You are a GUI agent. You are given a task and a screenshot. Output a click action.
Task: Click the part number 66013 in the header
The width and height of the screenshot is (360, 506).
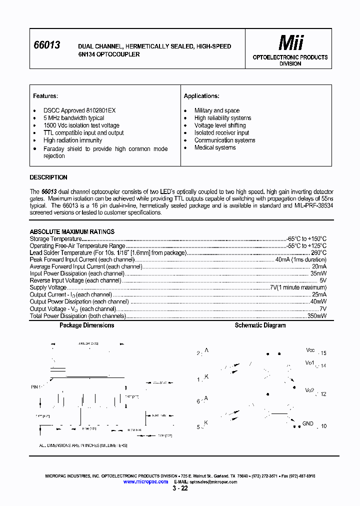pos(46,45)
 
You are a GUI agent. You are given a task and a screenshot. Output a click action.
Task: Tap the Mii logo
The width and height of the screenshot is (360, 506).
pos(290,43)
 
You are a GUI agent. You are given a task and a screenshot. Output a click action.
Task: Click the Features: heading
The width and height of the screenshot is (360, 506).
pos(45,96)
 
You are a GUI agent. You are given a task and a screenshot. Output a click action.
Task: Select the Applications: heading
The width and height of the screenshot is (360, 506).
pos(201,96)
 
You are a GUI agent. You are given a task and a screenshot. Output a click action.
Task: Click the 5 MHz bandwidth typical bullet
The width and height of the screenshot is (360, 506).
pos(73,118)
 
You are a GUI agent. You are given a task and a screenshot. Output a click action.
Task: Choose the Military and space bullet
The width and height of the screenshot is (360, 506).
pos(217,110)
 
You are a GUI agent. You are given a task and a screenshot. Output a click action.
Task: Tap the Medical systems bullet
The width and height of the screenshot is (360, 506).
pos(215,147)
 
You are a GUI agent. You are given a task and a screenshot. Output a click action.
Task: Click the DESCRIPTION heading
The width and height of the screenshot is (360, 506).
pos(48,177)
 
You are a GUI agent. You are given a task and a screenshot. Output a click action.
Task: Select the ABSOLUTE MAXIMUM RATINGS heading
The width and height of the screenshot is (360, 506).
pos(72,232)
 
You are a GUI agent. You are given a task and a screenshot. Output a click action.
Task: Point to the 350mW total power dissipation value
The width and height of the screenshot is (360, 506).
pos(316,316)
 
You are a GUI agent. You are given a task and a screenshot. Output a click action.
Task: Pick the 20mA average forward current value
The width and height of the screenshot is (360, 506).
pos(319,267)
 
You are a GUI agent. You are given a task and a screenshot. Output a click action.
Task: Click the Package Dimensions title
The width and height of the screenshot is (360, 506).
pos(86,325)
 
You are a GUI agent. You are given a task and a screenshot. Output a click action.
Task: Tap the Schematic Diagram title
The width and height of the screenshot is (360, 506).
pos(260,325)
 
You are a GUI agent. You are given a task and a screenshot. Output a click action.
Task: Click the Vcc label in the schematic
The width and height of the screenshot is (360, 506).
pos(310,350)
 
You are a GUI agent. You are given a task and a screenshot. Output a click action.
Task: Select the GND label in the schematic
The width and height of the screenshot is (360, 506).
pos(307,423)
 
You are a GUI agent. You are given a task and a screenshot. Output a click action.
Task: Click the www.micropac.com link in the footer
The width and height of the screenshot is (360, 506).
pos(145,481)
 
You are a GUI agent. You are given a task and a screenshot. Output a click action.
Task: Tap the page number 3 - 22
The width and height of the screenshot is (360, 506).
pos(180,488)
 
